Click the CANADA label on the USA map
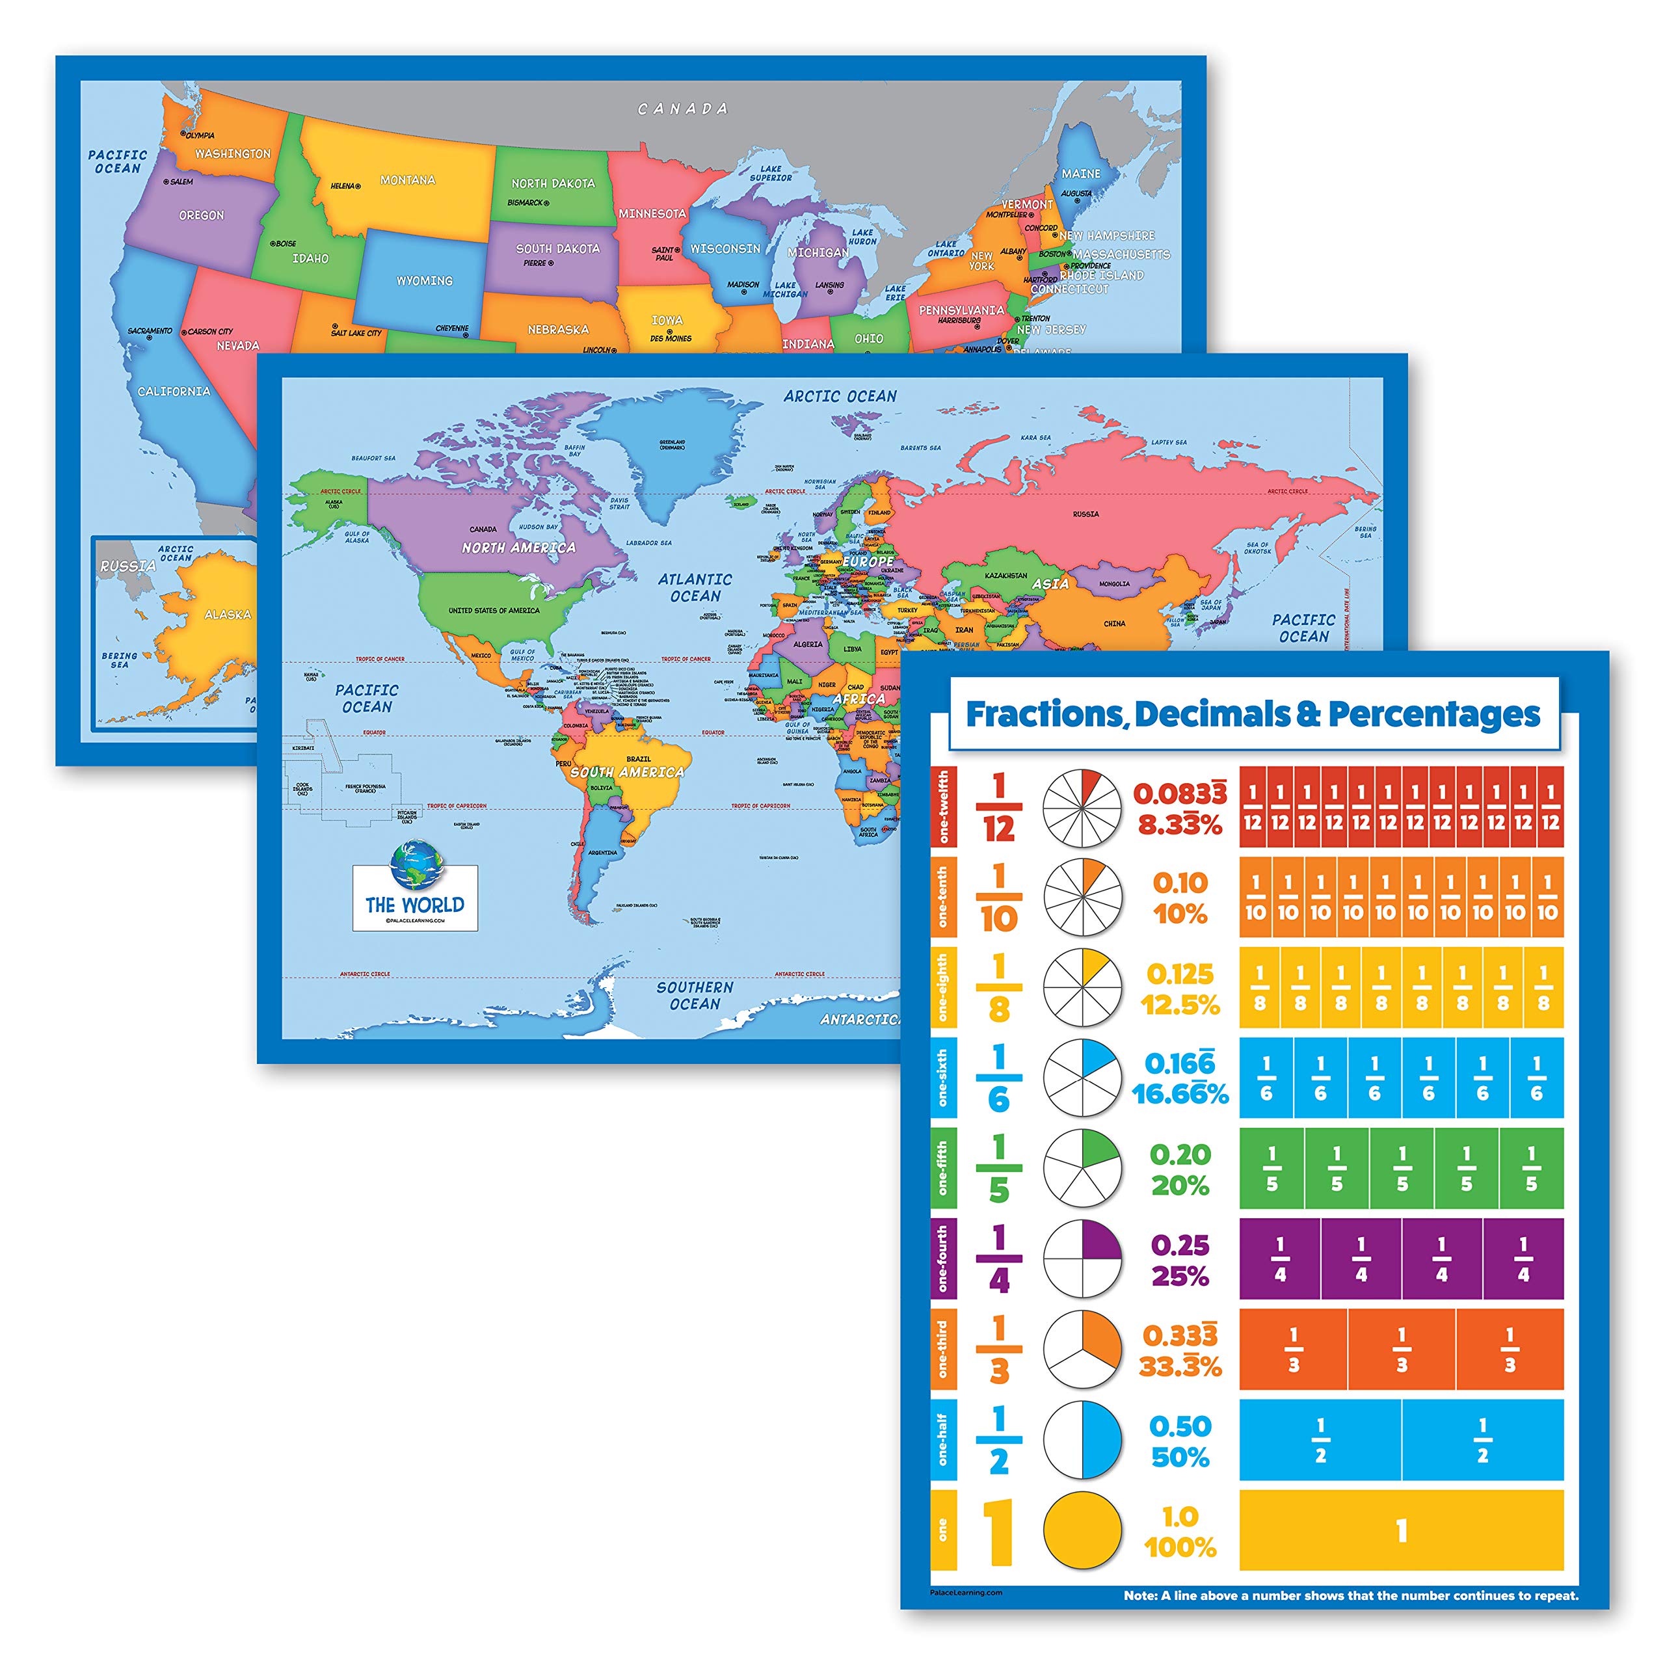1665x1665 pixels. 682,109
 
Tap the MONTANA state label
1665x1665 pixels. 408,180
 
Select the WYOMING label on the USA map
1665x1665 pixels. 424,281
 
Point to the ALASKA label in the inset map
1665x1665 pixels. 228,615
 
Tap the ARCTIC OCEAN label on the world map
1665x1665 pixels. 840,397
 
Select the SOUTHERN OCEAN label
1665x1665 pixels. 695,995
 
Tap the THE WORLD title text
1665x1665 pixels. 414,905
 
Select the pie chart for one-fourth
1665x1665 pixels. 1082,1259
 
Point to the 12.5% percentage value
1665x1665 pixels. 1180,1005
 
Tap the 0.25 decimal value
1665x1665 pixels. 1180,1245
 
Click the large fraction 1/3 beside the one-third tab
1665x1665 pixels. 999,1350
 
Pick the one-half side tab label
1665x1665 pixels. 943,1439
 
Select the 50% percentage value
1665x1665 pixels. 1180,1458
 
